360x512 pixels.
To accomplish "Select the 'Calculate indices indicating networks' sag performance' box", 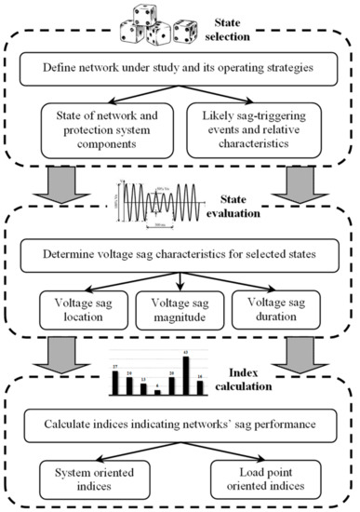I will click(179, 426).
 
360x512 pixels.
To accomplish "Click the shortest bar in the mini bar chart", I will click(158, 391).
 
